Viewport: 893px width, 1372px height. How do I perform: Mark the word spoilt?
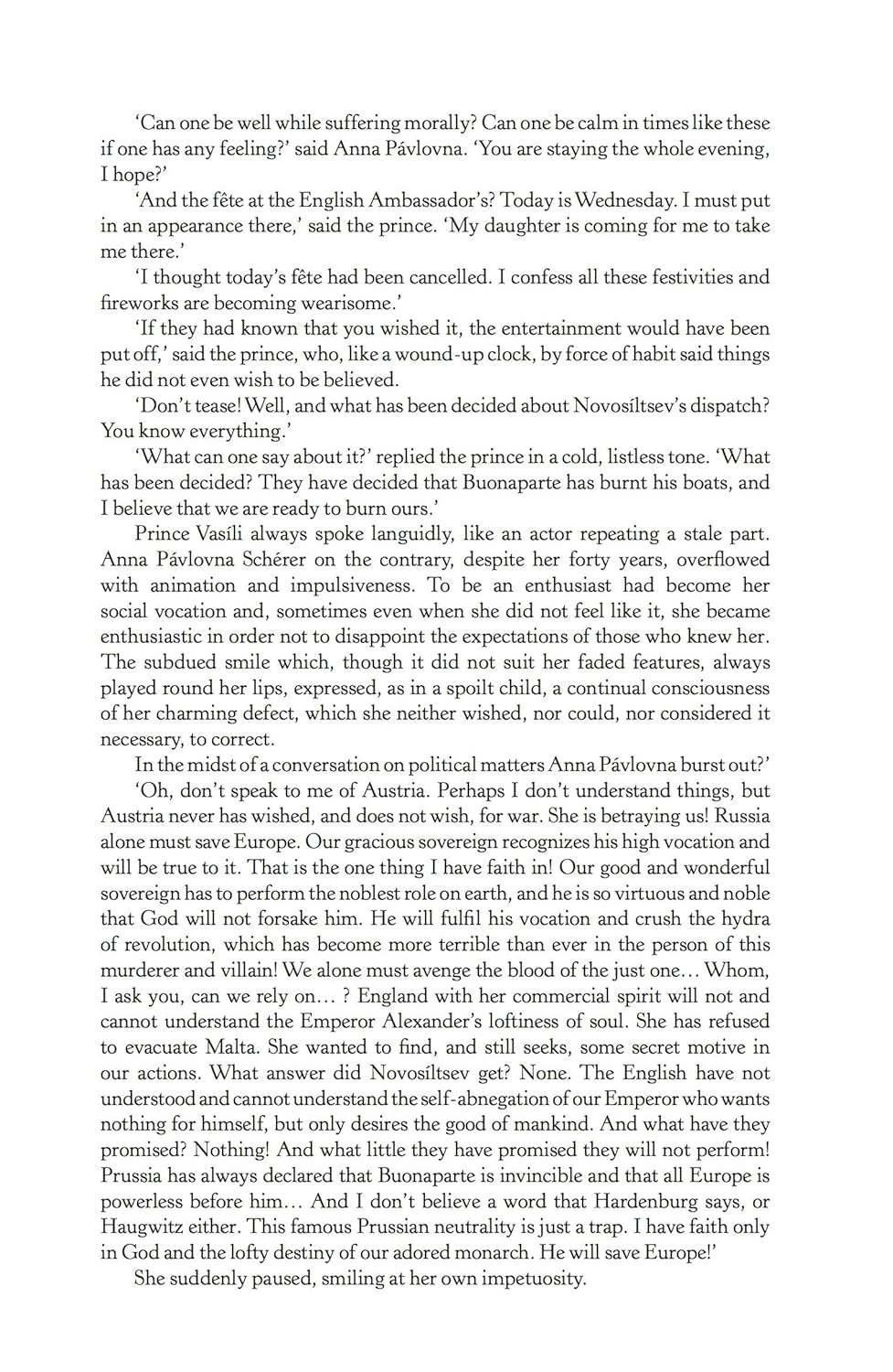(x=467, y=688)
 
